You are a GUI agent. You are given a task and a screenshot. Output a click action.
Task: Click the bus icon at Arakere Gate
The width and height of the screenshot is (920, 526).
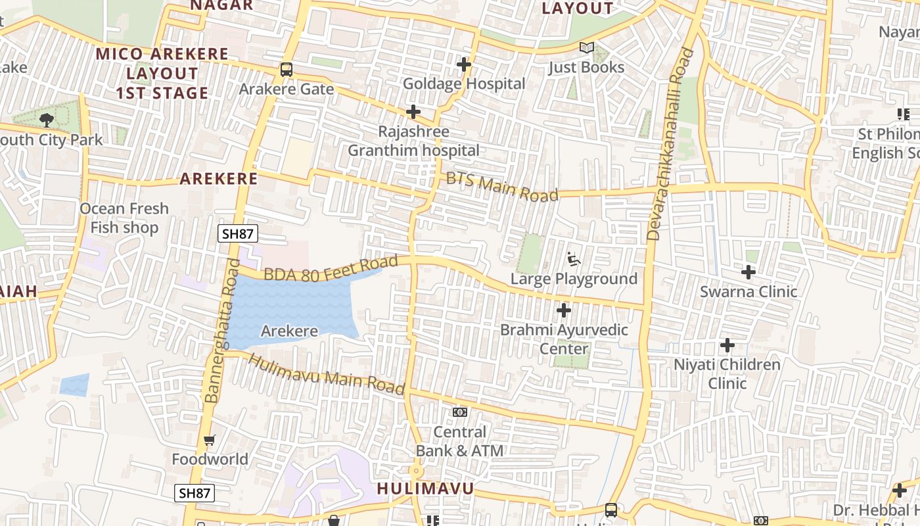287,69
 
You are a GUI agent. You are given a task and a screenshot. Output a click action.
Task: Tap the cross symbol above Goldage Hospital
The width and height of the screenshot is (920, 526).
464,64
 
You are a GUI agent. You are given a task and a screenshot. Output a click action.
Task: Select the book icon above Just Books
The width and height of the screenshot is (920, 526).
586,48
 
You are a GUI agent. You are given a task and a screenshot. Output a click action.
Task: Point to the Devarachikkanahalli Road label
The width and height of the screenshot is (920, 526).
670,143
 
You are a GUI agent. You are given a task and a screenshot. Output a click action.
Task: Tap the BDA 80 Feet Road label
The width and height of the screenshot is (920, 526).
331,268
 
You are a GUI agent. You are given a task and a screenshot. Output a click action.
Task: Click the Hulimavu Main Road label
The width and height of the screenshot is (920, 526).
327,375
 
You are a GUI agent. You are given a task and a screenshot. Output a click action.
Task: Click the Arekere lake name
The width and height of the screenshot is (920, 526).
289,331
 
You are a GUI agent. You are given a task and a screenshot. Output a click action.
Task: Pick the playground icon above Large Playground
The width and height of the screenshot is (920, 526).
574,259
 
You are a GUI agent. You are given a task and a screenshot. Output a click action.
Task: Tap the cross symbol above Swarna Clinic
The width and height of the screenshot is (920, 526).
748,272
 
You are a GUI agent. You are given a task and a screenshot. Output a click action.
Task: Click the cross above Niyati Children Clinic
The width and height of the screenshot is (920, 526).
727,345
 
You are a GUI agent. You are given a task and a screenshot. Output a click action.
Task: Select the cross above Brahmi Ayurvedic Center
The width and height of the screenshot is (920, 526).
564,310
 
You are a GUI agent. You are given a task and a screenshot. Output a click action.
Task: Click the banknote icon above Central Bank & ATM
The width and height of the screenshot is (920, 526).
460,412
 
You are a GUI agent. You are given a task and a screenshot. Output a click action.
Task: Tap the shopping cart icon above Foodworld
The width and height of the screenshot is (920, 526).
210,440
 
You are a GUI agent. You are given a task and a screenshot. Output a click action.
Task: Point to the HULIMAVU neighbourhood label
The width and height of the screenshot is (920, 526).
425,489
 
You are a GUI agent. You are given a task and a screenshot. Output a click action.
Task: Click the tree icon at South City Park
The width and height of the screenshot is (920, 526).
46,120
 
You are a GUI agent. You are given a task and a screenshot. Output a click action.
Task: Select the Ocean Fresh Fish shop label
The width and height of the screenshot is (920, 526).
124,218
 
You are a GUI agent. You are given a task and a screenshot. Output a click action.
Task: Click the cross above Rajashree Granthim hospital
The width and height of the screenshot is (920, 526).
413,112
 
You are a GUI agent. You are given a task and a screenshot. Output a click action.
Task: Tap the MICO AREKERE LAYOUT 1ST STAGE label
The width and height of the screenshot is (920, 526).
162,73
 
